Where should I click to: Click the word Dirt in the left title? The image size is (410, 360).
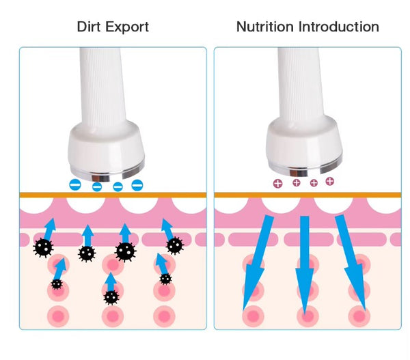[89, 27]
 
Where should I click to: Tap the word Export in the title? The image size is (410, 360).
[127, 27]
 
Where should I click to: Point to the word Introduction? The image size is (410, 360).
[339, 27]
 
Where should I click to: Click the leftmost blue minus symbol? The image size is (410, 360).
[75, 185]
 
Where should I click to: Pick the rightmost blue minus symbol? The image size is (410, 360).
[137, 185]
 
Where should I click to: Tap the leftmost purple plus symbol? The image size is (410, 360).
[277, 184]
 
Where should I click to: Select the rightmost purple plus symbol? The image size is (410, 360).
[330, 181]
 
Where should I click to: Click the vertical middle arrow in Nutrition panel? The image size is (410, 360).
[305, 264]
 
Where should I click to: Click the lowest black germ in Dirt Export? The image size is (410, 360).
[111, 298]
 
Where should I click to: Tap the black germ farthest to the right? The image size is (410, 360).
[175, 245]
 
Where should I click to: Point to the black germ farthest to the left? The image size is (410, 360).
[44, 247]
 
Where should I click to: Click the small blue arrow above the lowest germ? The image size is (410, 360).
[111, 282]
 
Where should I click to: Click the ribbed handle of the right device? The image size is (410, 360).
[301, 83]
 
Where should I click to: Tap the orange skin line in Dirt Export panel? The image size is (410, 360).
[113, 195]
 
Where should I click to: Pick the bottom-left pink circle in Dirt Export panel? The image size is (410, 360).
[58, 316]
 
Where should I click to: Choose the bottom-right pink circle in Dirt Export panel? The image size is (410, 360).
[164, 316]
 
